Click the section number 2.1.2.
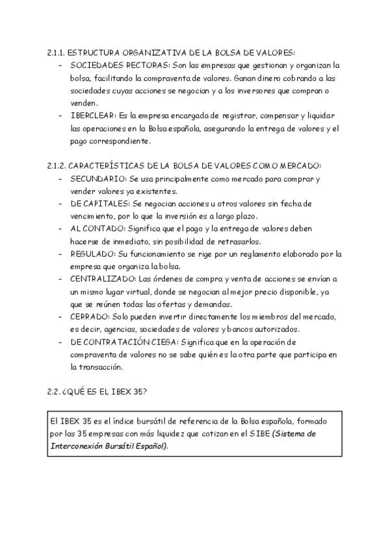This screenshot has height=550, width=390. (x=57, y=166)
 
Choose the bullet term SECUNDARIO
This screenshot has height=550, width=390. (x=97, y=178)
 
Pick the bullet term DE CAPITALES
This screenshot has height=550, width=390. (x=99, y=204)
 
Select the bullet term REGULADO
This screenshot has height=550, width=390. (x=93, y=254)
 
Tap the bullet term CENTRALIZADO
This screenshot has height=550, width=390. (x=103, y=278)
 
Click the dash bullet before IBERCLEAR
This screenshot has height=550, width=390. (x=60, y=115)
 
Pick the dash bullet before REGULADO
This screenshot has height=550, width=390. (x=60, y=254)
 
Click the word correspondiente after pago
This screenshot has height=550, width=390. (x=120, y=141)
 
